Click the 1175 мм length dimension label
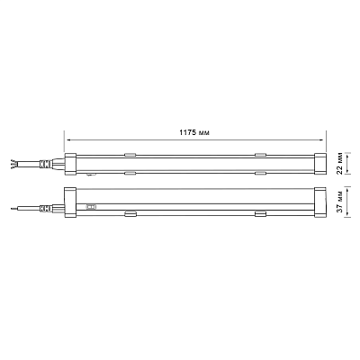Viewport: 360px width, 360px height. point(194,132)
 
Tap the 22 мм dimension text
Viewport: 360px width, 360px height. point(339,164)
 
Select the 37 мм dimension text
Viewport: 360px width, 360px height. point(339,202)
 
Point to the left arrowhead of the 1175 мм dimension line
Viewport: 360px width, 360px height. point(68,139)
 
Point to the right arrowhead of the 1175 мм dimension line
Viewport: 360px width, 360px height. point(322,139)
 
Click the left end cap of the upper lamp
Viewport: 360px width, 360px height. point(70,164)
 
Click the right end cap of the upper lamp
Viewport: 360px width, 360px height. point(320,164)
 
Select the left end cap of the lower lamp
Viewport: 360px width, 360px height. point(70,202)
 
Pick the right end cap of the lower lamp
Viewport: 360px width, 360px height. point(320,202)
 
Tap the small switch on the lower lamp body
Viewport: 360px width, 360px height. point(91,206)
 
